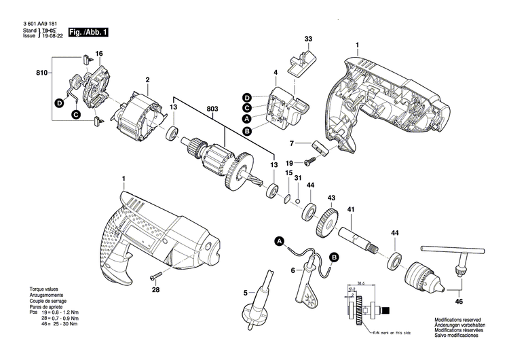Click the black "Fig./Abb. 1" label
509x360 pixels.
tap(88, 32)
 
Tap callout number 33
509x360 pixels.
tap(308, 39)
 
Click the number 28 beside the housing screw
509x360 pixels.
tap(155, 290)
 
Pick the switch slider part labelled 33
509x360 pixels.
tap(299, 63)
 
